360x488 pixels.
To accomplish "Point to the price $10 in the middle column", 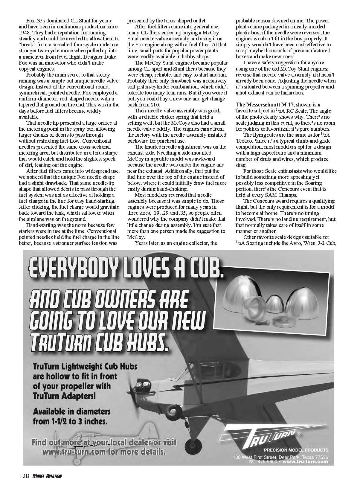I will pos(155,105).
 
